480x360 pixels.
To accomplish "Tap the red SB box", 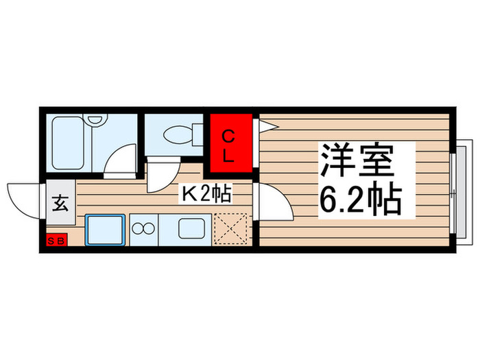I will [x=57, y=241].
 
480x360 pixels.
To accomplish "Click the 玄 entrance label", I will [x=60, y=204].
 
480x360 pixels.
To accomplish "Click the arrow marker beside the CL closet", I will [x=265, y=125].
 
